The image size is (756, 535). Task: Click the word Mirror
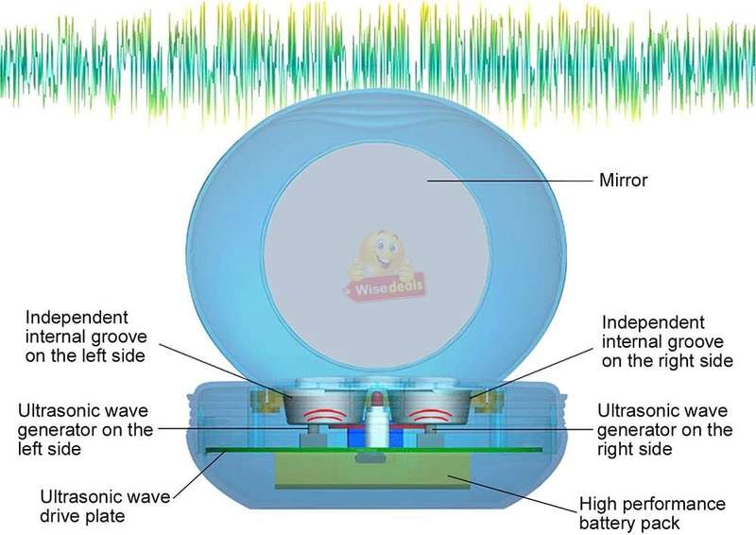[x=623, y=180]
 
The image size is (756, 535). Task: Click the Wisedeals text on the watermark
[x=388, y=287]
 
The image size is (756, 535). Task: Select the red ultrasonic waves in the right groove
[x=431, y=414]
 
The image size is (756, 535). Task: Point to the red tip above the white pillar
[x=377, y=399]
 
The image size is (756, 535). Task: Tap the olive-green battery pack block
[x=372, y=470]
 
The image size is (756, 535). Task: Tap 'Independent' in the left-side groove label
[x=77, y=318]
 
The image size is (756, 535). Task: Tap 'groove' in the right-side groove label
[x=695, y=341]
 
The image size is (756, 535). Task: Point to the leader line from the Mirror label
[x=509, y=181]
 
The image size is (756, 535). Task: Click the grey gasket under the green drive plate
[x=370, y=457]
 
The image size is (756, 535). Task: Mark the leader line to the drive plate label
[x=199, y=474]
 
